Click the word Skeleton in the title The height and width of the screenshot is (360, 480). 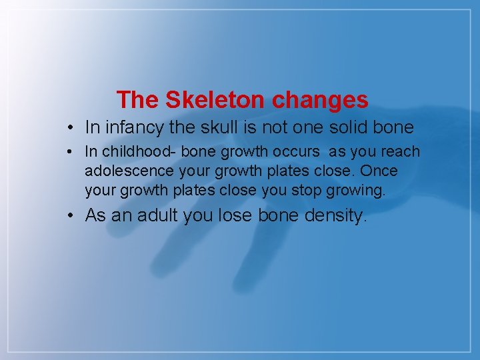[215, 100]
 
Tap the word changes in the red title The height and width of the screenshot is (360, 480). [319, 100]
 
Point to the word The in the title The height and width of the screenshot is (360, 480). [138, 100]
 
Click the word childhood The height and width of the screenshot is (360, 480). [130, 152]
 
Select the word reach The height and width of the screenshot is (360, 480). [400, 152]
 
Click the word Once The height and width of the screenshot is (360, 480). [379, 171]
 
